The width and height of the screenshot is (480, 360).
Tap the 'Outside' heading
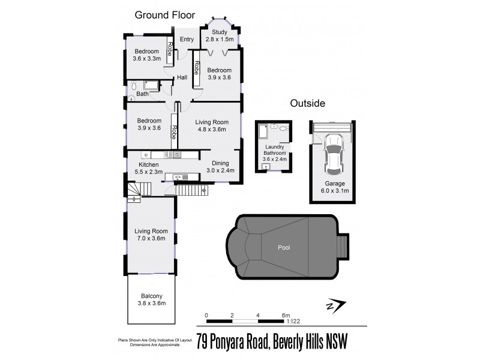click(x=307, y=103)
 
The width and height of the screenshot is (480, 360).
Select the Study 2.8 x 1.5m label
click(x=219, y=36)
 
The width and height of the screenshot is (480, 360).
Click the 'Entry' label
click(x=187, y=40)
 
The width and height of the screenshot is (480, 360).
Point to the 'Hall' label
click(x=182, y=78)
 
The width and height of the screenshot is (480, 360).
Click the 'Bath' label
click(x=142, y=94)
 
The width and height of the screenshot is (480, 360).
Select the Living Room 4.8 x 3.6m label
click(x=210, y=125)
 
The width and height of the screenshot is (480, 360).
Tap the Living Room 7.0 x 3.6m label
click(x=151, y=235)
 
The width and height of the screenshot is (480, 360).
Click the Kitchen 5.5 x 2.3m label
click(x=149, y=168)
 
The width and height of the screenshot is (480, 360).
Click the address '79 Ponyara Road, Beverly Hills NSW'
click(x=272, y=341)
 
